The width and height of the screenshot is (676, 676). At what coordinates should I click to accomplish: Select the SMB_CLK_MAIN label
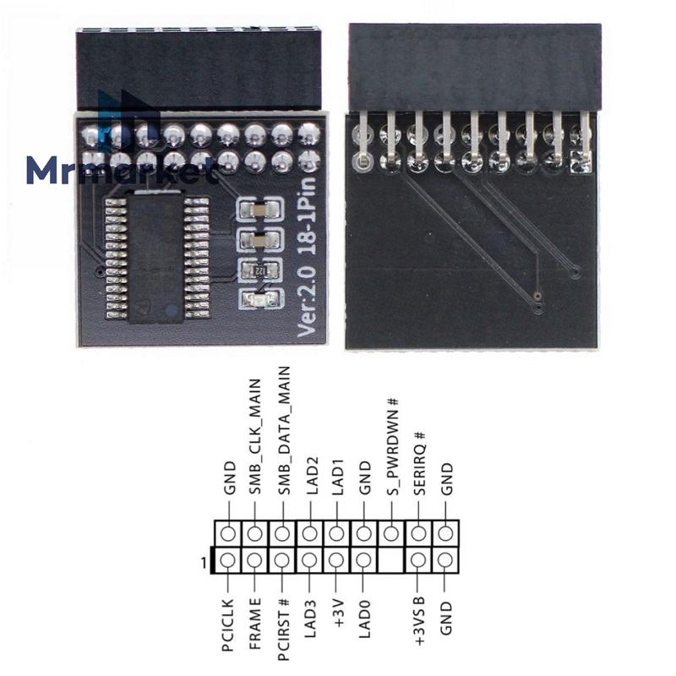pyautogui.click(x=255, y=436)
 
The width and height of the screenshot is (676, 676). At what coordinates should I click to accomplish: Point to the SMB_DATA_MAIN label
pyautogui.click(x=283, y=430)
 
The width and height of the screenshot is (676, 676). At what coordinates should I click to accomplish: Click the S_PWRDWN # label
pyautogui.click(x=392, y=446)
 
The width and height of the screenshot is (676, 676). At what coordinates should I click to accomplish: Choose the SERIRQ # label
pyautogui.click(x=419, y=462)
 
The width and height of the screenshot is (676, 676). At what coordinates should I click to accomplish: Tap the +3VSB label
pyautogui.click(x=419, y=622)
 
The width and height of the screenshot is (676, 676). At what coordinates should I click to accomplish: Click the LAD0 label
pyautogui.click(x=365, y=619)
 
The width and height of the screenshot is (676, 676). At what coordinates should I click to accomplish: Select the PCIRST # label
pyautogui.click(x=283, y=630)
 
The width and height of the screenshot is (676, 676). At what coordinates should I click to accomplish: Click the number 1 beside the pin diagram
pyautogui.click(x=204, y=563)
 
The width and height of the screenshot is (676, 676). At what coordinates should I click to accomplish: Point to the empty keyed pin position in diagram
pyautogui.click(x=391, y=560)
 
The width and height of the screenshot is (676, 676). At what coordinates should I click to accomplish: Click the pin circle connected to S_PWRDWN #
pyautogui.click(x=391, y=534)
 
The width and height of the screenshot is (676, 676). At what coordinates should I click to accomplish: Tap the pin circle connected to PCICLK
pyautogui.click(x=228, y=560)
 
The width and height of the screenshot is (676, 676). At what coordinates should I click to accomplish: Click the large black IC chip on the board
pyautogui.click(x=155, y=257)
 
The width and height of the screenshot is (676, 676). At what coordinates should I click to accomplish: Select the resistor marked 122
pyautogui.click(x=260, y=270)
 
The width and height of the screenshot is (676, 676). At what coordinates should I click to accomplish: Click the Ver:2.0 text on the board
pyautogui.click(x=308, y=301)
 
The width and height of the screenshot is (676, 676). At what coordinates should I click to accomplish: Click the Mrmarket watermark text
pyautogui.click(x=121, y=171)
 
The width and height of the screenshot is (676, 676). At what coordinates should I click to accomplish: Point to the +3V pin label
pyautogui.click(x=337, y=612)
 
